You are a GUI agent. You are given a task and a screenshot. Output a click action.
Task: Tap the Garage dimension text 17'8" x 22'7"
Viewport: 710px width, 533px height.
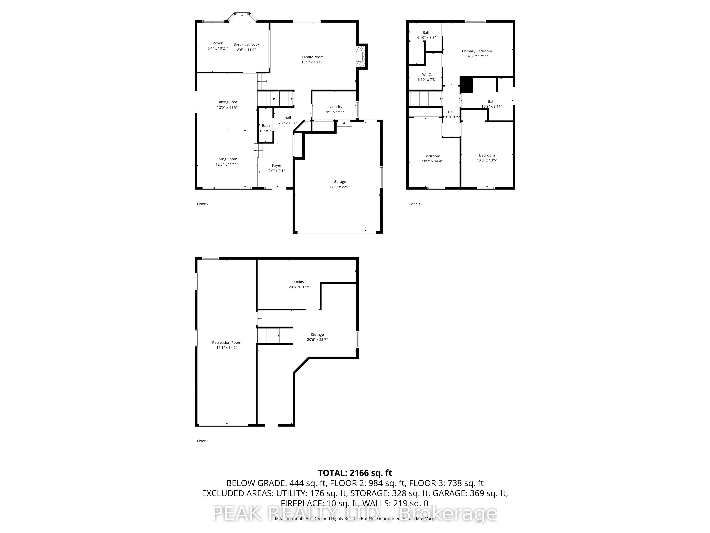(x=340, y=187)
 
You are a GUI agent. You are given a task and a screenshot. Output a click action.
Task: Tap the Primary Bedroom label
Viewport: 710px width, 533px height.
(x=477, y=51)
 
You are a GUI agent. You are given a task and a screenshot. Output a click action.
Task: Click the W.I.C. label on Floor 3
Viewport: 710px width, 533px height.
(x=427, y=75)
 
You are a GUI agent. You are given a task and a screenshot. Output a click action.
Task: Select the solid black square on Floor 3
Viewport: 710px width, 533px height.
(x=466, y=85)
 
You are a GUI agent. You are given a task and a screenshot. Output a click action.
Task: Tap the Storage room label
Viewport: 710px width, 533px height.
(x=317, y=334)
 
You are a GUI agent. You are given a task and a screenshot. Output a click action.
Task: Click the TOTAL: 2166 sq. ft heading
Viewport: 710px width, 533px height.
(x=355, y=473)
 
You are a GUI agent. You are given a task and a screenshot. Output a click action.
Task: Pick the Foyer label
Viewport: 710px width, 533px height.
(x=276, y=165)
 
